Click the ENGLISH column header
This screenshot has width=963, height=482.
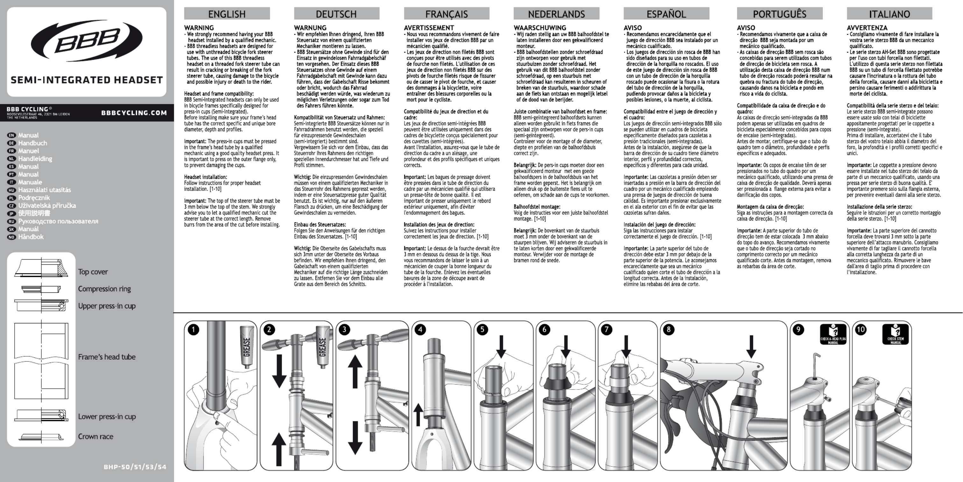tap(227, 14)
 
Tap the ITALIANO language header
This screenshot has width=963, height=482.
tap(889, 14)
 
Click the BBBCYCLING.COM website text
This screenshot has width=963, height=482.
tap(134, 113)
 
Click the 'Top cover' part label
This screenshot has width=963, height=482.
tap(93, 272)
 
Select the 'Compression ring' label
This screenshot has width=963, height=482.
tap(104, 289)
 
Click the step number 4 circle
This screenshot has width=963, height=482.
tap(421, 330)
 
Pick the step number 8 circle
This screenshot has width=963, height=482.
tap(669, 330)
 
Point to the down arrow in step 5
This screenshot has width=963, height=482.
tap(501, 346)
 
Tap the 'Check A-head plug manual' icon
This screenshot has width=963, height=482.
tap(833, 334)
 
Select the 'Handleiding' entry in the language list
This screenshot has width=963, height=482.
tap(35, 159)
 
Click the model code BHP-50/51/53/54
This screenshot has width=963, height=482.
tap(135, 467)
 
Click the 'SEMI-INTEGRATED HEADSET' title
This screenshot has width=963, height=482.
tap(87, 80)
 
